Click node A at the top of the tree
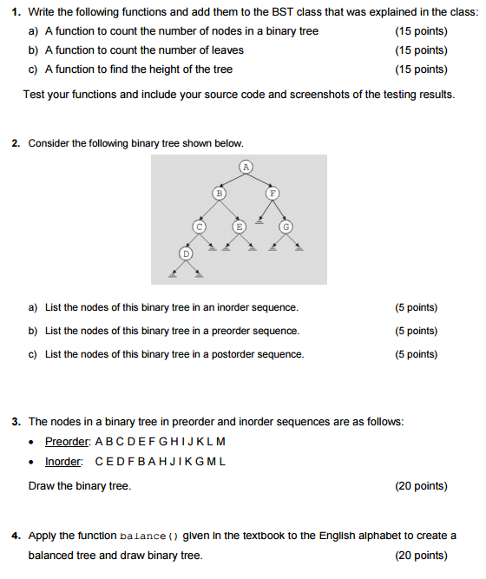(246, 165)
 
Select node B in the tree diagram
(220, 194)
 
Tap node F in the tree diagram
(272, 194)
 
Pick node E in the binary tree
(238, 226)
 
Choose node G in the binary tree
(286, 226)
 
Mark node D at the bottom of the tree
(185, 253)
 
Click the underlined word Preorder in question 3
(68, 442)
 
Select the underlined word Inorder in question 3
(63, 462)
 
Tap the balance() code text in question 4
(148, 536)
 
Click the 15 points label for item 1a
(421, 31)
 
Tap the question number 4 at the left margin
(16, 536)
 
